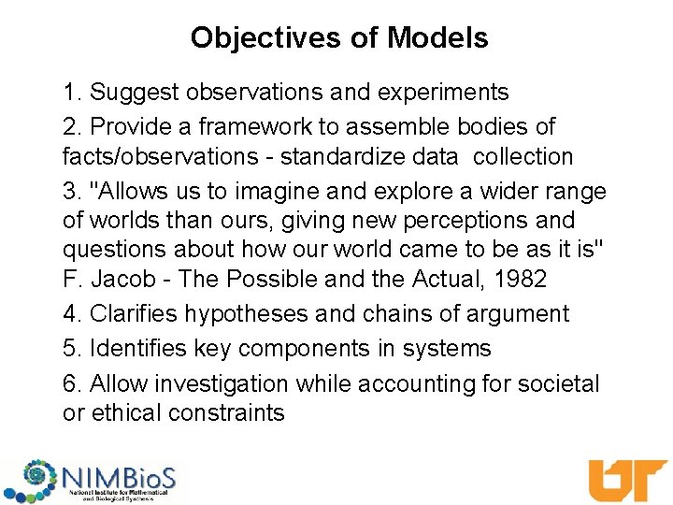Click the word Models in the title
437,38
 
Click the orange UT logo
626,481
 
